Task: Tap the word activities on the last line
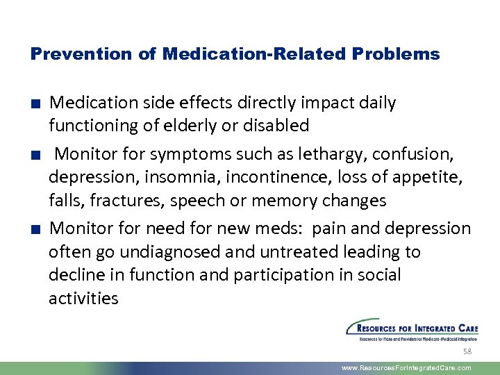coord(83,299)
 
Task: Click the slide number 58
coord(467,352)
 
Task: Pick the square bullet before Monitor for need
coord(34,229)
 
